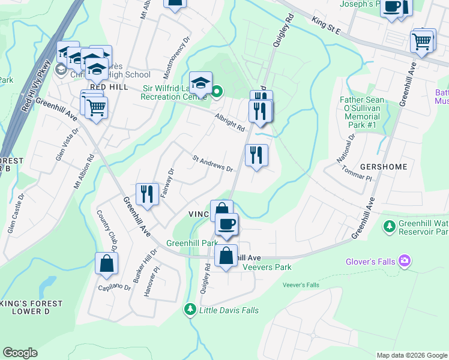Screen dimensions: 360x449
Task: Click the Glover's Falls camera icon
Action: tap(405, 260)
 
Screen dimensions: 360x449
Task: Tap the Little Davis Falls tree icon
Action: tap(190, 309)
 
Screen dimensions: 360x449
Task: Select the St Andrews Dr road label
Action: tap(212, 164)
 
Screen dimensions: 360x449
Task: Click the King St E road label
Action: tap(327, 26)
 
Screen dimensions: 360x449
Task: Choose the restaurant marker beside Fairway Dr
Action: tap(147, 194)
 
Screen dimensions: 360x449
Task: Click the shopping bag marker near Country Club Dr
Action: tap(106, 263)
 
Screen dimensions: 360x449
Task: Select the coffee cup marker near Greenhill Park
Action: tap(226, 224)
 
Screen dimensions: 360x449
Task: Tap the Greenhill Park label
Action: tap(192, 243)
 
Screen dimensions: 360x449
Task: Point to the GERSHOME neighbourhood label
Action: tap(384, 166)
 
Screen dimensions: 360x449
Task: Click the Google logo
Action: tap(20, 353)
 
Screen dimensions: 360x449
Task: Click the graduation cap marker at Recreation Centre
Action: tap(201, 82)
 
